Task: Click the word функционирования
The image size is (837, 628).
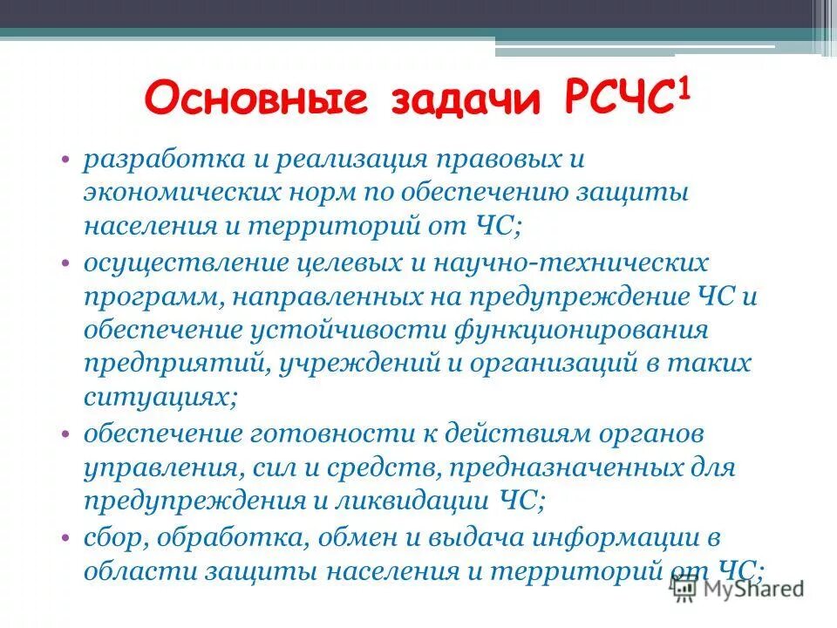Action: coord(584,331)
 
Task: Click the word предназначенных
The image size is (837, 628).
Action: coord(558,468)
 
